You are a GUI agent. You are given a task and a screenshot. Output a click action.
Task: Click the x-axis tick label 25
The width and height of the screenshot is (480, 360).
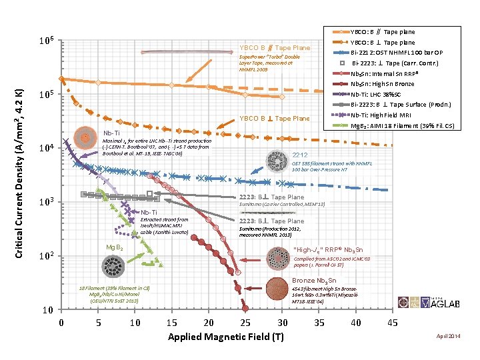[x=245, y=323]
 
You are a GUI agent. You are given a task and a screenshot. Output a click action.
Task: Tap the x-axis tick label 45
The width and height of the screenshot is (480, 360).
[x=392, y=323]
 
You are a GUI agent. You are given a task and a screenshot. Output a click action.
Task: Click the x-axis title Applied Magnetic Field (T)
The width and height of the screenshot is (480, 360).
[x=225, y=337]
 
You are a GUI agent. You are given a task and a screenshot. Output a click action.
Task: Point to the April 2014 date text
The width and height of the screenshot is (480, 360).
[x=448, y=336]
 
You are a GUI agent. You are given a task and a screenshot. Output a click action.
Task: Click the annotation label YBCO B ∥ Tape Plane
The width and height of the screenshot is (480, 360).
[x=274, y=48]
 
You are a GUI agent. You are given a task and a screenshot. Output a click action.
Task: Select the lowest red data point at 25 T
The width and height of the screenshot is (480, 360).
[x=245, y=308]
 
